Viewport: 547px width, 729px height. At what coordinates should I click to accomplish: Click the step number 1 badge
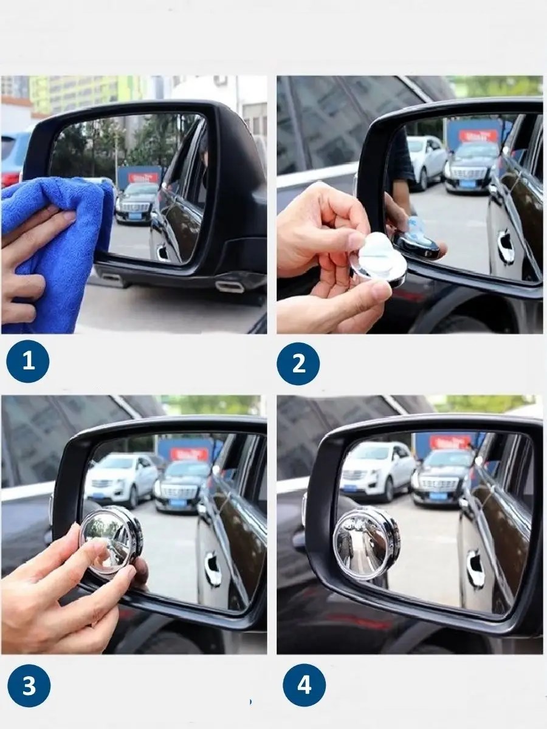point(28,361)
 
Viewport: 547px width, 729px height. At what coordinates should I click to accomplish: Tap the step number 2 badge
point(298,363)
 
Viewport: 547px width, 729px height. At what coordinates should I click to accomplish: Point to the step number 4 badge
point(304,652)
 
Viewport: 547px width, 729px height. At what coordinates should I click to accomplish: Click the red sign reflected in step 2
point(478,136)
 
